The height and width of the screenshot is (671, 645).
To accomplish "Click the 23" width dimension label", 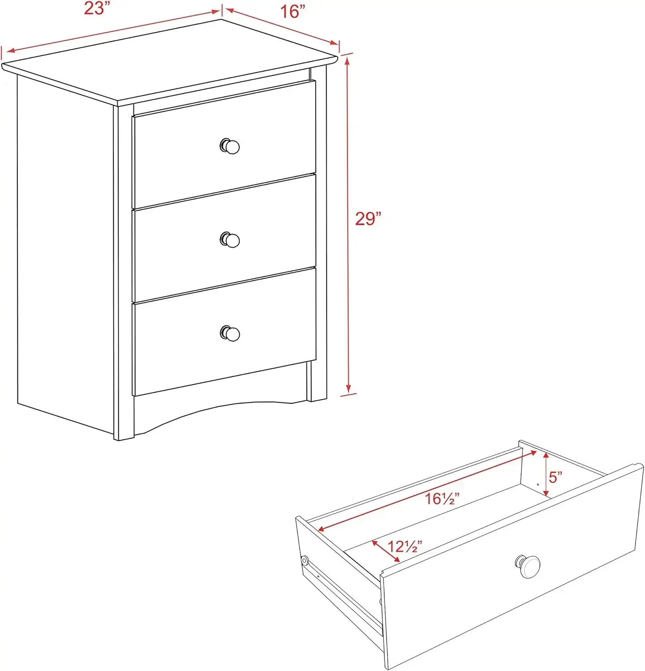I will coord(97,8).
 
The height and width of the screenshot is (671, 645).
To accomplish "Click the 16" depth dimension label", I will coord(292,11).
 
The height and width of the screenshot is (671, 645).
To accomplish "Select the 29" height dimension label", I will coord(368,219).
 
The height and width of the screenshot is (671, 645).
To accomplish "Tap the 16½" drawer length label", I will coord(442,498).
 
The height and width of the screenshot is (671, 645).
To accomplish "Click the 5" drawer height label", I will coord(555,477).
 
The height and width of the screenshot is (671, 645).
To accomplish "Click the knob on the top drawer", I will coord(230,146).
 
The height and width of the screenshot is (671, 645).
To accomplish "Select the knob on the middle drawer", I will coord(231,240).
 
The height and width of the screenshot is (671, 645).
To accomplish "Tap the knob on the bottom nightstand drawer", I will coord(231,333).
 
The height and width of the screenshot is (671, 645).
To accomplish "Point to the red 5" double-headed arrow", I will coord(546,474).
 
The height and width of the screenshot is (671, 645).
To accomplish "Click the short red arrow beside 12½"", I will coord(386,552).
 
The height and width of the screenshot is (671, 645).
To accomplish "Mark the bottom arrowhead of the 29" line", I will coord(348,389).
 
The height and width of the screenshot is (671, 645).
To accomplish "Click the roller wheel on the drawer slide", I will coord(304,561).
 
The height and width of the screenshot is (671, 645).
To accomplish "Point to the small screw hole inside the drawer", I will coord(537,484).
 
